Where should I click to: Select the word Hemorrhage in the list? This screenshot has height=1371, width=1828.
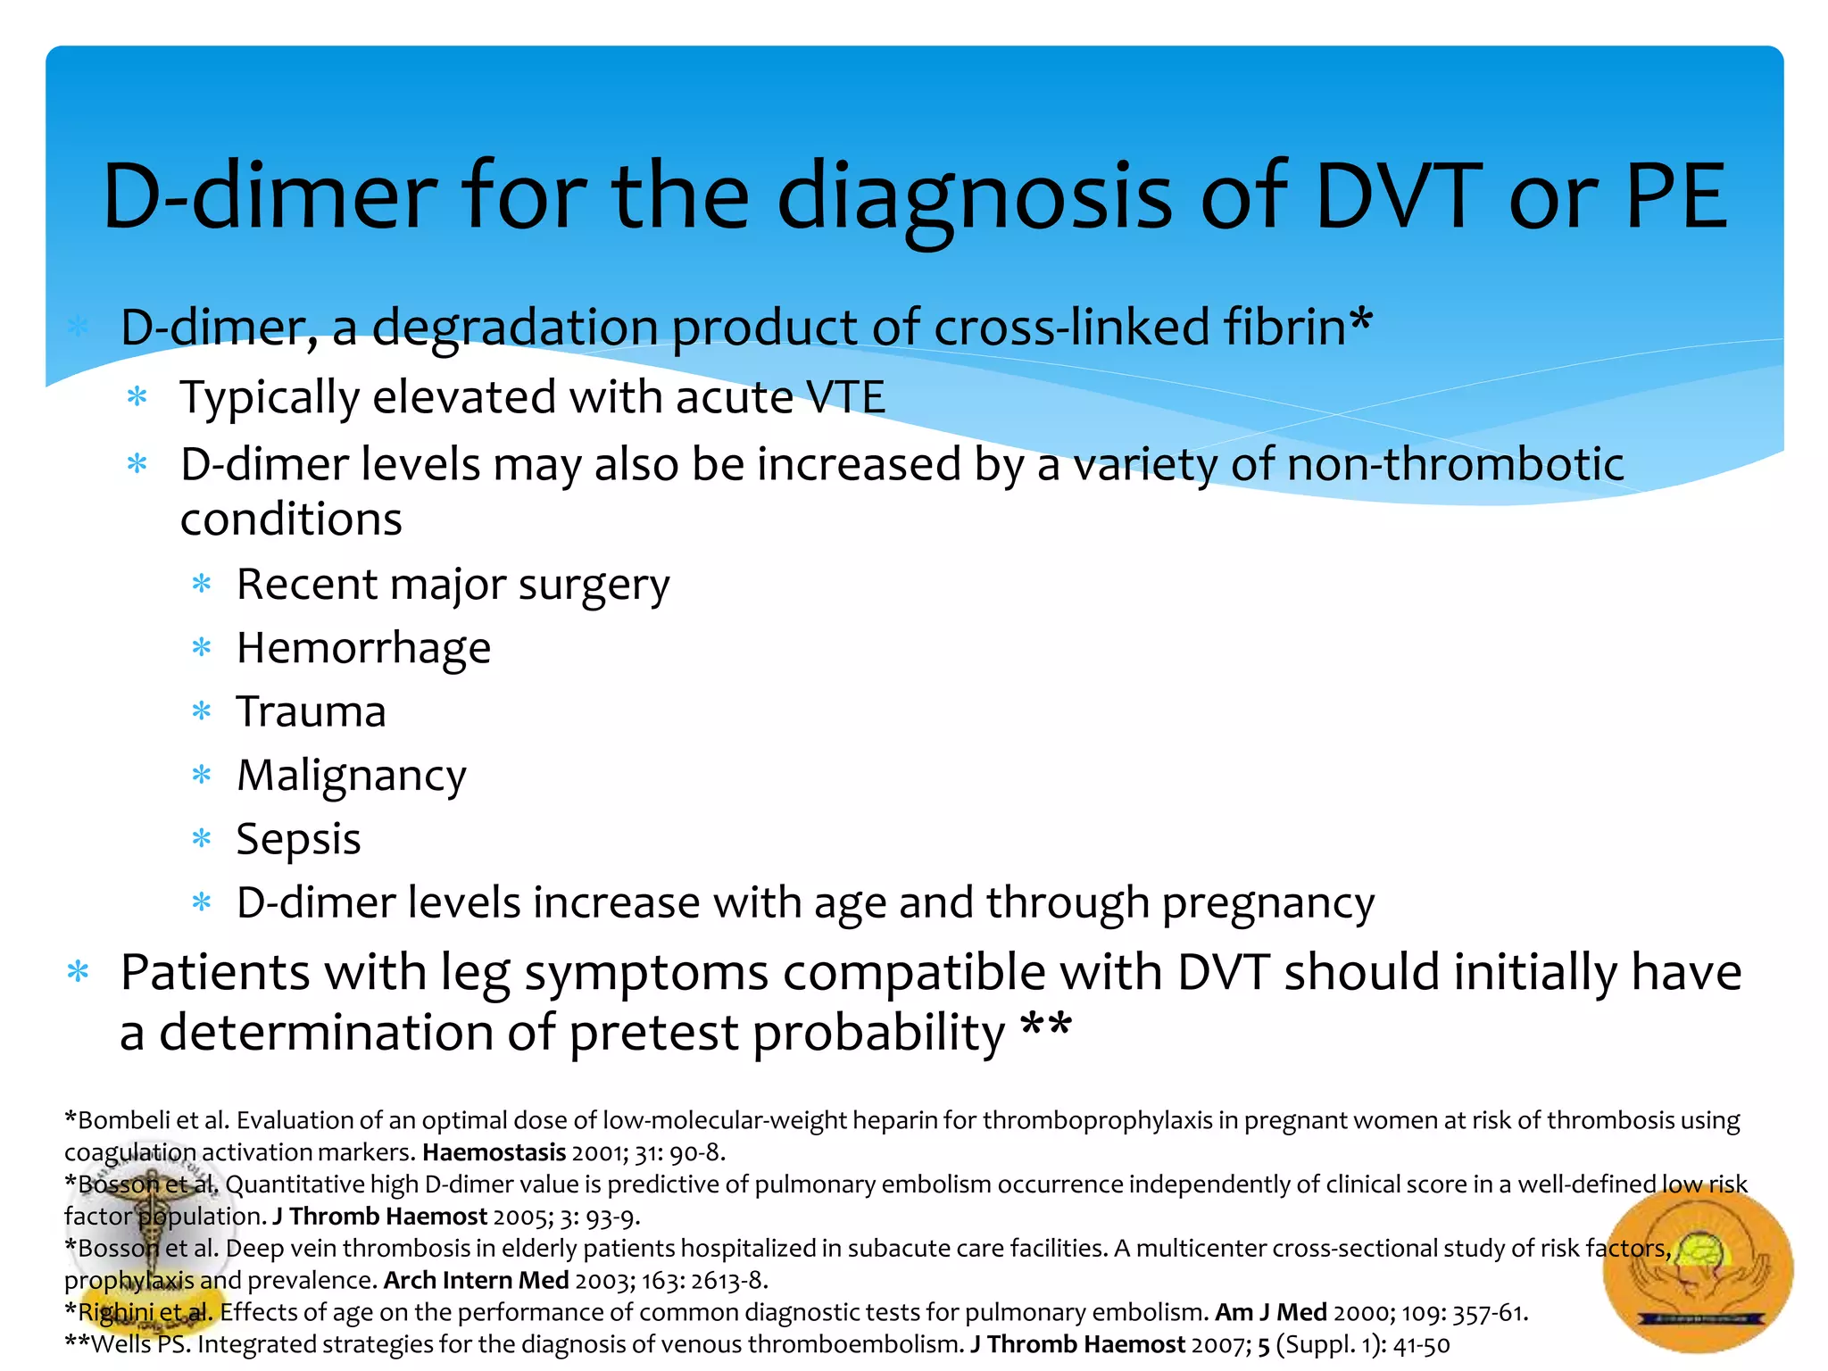(x=363, y=649)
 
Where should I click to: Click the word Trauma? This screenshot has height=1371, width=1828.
(x=311, y=712)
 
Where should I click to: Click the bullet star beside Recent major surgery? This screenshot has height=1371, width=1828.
(x=202, y=586)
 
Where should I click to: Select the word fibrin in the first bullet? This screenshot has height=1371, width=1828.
(x=1284, y=328)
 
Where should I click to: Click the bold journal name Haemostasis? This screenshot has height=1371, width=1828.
(x=494, y=1152)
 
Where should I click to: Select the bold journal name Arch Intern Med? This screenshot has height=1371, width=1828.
(x=476, y=1281)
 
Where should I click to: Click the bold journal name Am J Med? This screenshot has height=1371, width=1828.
(x=1270, y=1313)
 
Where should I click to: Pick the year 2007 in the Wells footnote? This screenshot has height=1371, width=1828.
(x=1220, y=1345)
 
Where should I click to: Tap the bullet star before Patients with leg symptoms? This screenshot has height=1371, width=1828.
(x=79, y=972)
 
